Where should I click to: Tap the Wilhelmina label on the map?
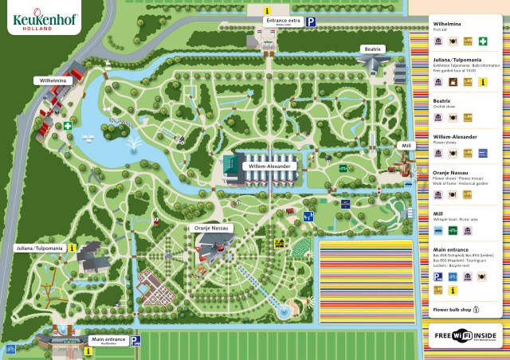click(x=49, y=80)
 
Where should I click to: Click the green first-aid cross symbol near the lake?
click(x=69, y=125)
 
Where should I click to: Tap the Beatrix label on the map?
click(x=374, y=49)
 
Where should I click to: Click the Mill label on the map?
click(x=406, y=146)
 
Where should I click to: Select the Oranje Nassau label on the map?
click(x=212, y=228)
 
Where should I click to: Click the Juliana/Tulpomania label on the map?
click(x=39, y=248)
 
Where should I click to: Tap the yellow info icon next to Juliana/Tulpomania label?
click(x=73, y=248)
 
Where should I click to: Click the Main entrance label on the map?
click(x=108, y=340)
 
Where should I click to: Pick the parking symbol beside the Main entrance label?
click(x=135, y=340)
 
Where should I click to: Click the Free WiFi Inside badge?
click(x=465, y=336)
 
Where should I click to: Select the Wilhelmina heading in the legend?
click(x=447, y=24)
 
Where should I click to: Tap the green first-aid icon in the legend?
click(x=482, y=42)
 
